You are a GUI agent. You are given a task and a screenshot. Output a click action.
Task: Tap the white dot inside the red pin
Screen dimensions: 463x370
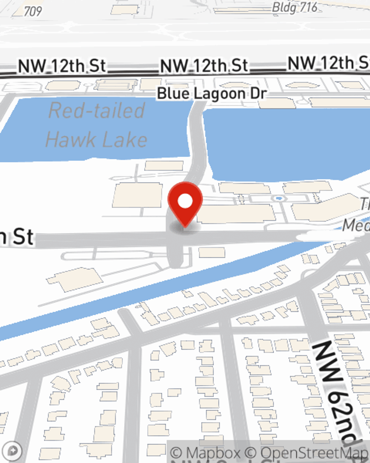pos(185,201)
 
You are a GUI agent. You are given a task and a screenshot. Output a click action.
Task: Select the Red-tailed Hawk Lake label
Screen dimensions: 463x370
pos(97,125)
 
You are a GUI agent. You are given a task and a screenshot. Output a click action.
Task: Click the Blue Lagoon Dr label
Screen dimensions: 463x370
pos(212,93)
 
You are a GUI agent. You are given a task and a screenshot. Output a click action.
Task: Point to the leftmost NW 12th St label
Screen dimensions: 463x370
pos(62,66)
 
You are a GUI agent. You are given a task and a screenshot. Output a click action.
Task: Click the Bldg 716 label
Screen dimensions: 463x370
pos(295,7)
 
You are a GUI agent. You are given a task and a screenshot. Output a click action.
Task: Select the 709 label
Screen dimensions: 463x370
pos(33,11)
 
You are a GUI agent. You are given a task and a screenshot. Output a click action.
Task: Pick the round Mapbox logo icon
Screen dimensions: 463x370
pos(13,451)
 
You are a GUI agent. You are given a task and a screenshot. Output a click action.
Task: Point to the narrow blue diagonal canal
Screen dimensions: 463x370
pos(148,293)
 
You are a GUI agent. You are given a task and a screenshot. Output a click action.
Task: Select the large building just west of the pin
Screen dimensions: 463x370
pos(137,195)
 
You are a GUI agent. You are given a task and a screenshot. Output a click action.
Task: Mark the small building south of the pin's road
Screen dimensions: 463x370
pos(212,253)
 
